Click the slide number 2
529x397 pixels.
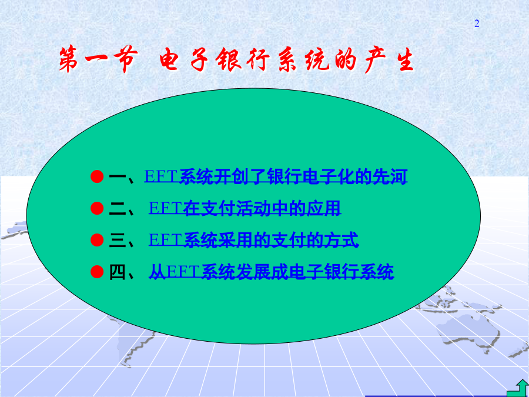477,24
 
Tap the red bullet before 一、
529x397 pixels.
97,176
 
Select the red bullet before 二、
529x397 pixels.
97,208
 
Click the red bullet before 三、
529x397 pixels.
97,240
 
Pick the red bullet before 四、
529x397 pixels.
97,271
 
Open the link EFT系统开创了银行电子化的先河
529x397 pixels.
276,176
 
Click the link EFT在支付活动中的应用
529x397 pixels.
245,208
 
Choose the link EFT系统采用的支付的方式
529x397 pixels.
253,240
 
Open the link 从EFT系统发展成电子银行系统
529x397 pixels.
271,272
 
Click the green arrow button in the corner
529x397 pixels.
520,389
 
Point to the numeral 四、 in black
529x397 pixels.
122,272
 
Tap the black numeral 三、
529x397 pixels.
122,241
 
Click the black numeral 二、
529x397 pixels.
122,209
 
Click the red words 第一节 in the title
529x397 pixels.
98,59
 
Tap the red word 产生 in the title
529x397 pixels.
389,60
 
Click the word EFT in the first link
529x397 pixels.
161,176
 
